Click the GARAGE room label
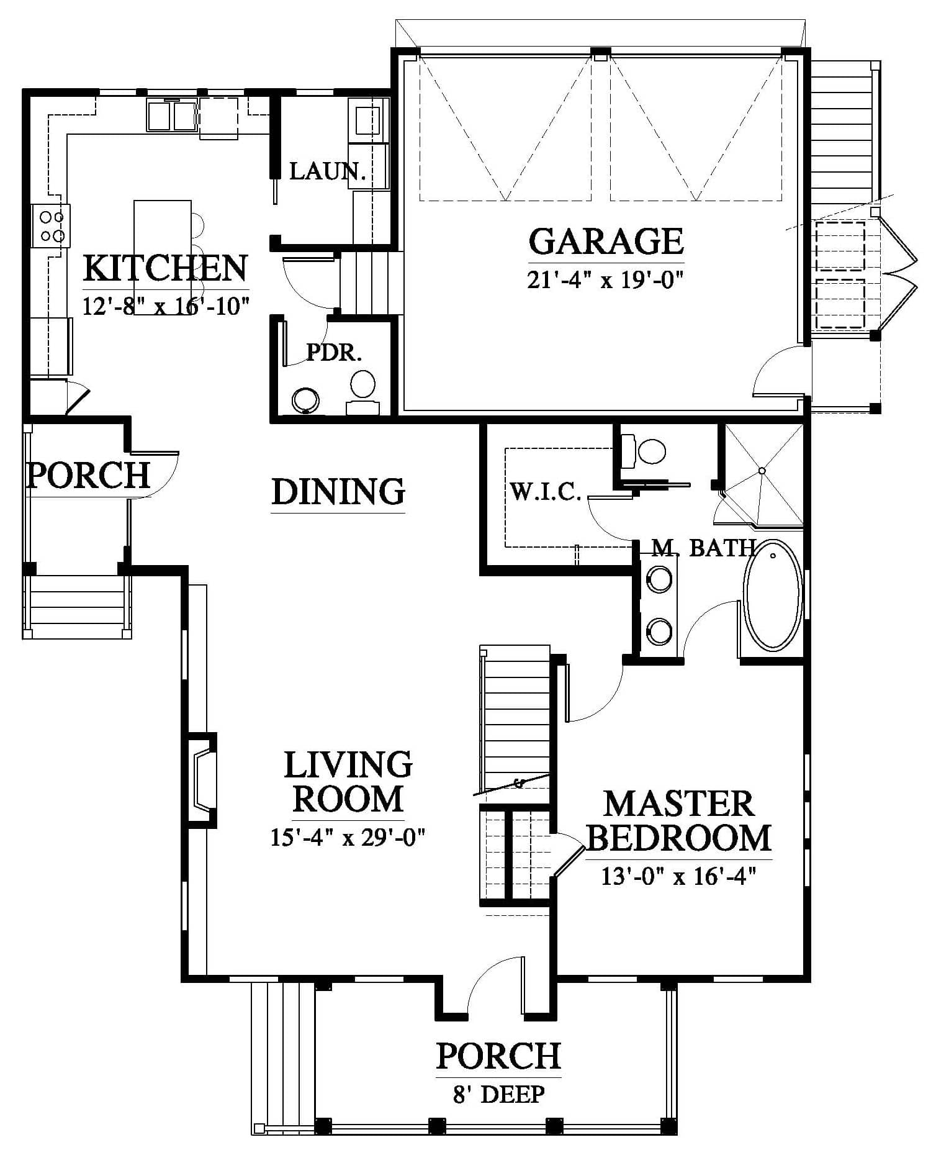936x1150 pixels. click(x=606, y=242)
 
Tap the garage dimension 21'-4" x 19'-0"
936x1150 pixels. click(x=606, y=279)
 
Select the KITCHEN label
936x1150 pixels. click(x=166, y=268)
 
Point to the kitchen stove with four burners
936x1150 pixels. click(x=52, y=226)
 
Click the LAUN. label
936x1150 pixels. click(x=327, y=171)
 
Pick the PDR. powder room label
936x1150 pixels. click(x=334, y=353)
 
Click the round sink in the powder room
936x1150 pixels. click(x=305, y=401)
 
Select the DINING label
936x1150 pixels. click(x=339, y=491)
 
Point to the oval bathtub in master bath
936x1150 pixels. click(x=773, y=595)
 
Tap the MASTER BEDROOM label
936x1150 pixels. click(x=678, y=820)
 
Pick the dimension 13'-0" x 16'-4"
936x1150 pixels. click(x=678, y=876)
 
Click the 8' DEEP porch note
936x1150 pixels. click(x=499, y=1093)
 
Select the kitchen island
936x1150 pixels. click(x=163, y=257)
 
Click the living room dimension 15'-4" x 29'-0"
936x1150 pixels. click(x=348, y=838)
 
